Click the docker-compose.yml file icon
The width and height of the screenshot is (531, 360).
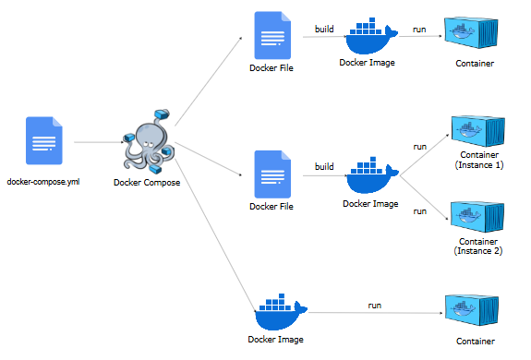43,141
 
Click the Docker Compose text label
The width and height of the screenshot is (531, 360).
147,182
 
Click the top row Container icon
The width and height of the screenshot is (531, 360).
475,36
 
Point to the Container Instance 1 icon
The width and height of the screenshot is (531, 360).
477,132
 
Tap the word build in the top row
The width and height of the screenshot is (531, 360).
324,29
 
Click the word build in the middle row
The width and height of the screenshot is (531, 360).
324,166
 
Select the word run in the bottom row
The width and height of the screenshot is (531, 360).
375,305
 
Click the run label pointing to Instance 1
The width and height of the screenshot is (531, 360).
420,146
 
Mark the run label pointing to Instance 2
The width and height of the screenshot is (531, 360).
420,211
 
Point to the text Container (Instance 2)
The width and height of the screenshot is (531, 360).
478,246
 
